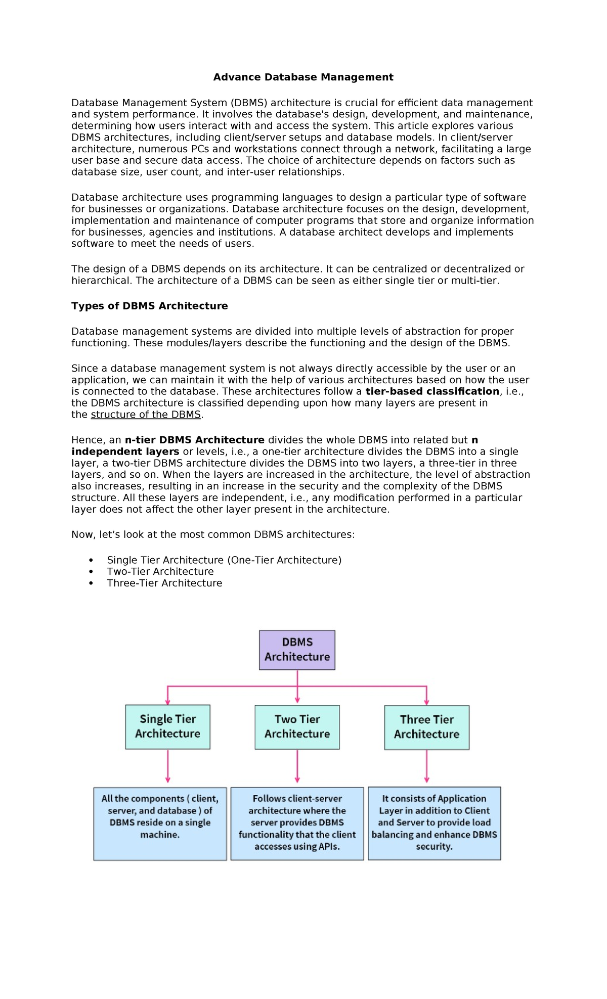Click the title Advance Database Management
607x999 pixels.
coord(303,77)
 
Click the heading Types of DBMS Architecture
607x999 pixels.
coord(149,306)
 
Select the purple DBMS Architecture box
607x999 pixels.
coord(297,650)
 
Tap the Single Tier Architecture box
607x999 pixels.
coord(167,726)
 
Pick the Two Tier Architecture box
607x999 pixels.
coord(297,726)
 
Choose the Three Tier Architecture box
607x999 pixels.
coord(426,727)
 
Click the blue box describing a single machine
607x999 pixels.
coord(160,824)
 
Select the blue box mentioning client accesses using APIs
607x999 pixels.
coord(297,823)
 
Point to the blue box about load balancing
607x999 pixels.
coord(434,823)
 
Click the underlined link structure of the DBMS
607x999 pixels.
coord(146,415)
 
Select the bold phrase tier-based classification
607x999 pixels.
coord(432,391)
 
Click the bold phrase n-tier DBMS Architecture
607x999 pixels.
coord(194,440)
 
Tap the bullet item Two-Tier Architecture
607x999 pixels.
coord(160,571)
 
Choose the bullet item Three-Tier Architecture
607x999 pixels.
coord(164,583)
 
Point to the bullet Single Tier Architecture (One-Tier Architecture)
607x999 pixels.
coord(224,560)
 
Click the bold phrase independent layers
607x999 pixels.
coord(125,451)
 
